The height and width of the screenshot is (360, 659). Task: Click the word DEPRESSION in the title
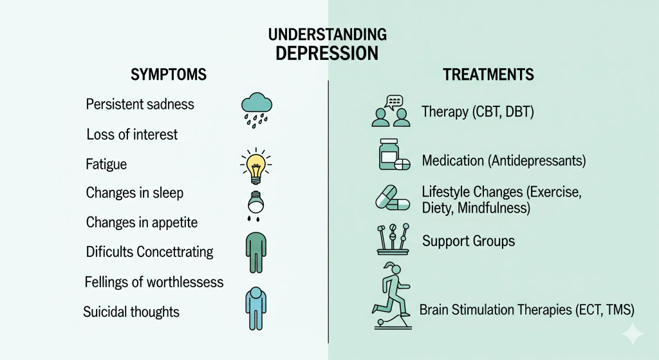pyautogui.click(x=327, y=53)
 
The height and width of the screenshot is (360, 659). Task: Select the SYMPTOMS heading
pyautogui.click(x=169, y=75)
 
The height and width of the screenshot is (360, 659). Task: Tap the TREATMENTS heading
pyautogui.click(x=488, y=75)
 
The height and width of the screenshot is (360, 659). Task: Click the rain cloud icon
pyautogui.click(x=256, y=110)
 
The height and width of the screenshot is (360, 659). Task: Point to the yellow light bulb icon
pyautogui.click(x=256, y=166)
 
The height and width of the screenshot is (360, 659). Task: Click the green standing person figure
pyautogui.click(x=256, y=252)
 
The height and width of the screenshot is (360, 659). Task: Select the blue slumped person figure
pyautogui.click(x=256, y=308)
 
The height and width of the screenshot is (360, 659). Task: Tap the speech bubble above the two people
pyautogui.click(x=394, y=102)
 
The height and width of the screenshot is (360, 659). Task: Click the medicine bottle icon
pyautogui.click(x=389, y=155)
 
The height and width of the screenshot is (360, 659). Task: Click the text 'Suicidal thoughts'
pyautogui.click(x=131, y=312)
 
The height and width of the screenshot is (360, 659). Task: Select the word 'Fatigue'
pyautogui.click(x=106, y=164)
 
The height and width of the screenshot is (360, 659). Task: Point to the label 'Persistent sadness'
pyautogui.click(x=140, y=104)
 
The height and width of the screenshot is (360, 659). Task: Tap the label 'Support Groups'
pyautogui.click(x=469, y=241)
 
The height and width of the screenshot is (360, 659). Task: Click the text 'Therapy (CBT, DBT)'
pyautogui.click(x=478, y=112)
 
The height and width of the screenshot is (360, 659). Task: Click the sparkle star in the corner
pyautogui.click(x=633, y=334)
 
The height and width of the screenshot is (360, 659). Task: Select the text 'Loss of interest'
pyautogui.click(x=132, y=135)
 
